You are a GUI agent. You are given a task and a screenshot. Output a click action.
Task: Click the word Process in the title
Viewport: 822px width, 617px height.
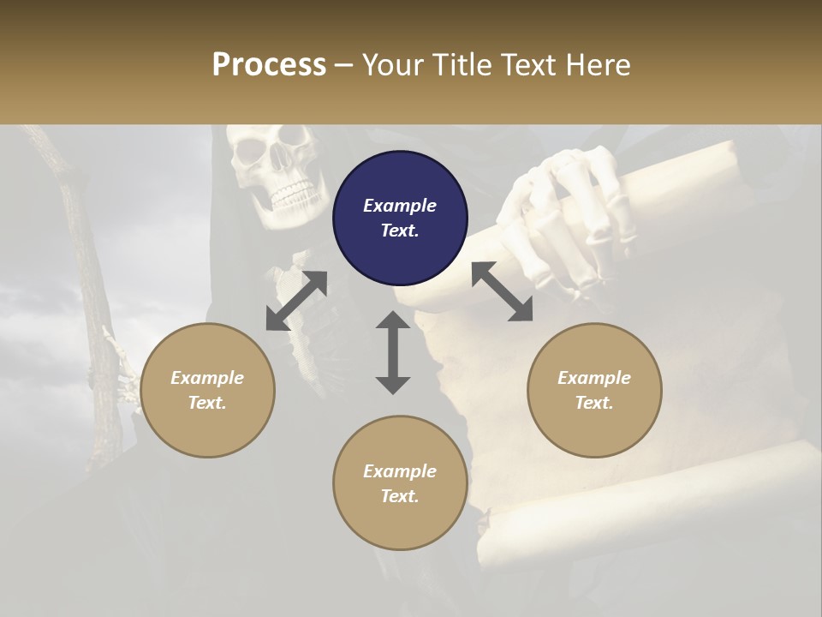point(269,65)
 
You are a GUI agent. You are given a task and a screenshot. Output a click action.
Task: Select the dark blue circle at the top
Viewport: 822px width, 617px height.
point(400,219)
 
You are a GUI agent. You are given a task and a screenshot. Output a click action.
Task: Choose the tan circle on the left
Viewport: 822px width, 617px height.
point(207,390)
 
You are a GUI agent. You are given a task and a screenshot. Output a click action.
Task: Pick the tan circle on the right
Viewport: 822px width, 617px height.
point(594,390)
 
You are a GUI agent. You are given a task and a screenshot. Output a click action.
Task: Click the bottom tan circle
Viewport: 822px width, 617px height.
point(400,482)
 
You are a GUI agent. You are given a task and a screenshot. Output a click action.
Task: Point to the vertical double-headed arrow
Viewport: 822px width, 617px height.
point(393,352)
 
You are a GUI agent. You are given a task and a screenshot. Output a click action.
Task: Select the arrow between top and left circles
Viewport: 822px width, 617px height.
point(296,301)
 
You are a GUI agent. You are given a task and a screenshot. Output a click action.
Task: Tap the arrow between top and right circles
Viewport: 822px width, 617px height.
point(503,292)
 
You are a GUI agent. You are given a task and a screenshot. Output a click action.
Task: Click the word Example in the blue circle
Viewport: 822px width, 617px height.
point(400,206)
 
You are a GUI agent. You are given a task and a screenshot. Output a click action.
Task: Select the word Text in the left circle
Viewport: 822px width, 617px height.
point(207,403)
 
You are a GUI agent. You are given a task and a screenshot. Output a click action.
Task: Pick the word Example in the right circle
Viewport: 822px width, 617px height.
point(594,378)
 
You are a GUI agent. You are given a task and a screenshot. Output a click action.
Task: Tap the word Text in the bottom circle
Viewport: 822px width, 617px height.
point(400,496)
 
